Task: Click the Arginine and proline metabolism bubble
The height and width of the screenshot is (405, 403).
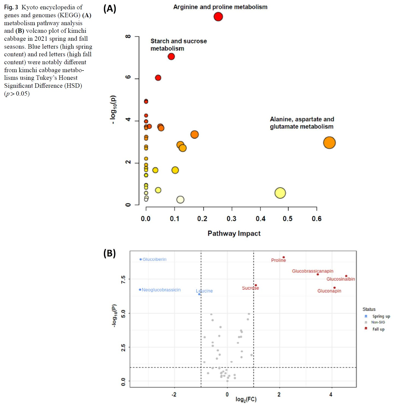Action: coord(218,17)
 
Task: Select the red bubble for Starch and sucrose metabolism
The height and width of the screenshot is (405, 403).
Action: coord(171,57)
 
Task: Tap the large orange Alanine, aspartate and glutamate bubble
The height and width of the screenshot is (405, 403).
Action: coord(329,143)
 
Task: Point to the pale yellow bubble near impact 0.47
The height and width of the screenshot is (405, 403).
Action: coord(280,193)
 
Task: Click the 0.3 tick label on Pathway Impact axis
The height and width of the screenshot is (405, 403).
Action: coord(231,219)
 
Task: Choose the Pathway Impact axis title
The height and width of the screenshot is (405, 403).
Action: coord(234,233)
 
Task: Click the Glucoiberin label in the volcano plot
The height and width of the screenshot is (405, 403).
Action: coord(154,259)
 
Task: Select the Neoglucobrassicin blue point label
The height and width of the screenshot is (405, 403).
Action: coord(161,290)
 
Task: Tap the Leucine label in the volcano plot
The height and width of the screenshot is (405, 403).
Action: coord(204,291)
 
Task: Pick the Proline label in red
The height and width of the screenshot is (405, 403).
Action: coord(278,260)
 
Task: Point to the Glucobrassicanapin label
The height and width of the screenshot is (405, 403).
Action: coord(313,271)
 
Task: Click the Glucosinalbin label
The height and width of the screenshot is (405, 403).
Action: coord(341,279)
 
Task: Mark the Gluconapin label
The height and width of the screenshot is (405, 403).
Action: coord(329,291)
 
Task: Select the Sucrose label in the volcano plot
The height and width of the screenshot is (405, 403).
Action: coord(250,288)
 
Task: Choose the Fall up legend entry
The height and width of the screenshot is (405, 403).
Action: coord(378,329)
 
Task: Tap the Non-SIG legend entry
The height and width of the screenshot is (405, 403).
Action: coord(378,322)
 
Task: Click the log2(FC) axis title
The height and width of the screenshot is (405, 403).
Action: coord(246,399)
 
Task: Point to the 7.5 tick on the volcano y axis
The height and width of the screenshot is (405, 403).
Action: coord(123,279)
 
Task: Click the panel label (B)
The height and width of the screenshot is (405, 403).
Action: coord(110,253)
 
